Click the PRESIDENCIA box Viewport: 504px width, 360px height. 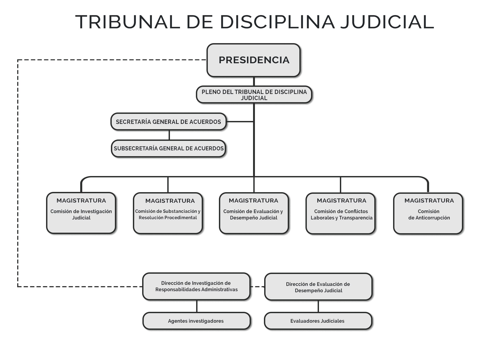[254, 60]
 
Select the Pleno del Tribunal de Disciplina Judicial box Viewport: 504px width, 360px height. [254, 95]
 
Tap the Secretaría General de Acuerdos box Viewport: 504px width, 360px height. [168, 122]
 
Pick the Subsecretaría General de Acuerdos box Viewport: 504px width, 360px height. [169, 148]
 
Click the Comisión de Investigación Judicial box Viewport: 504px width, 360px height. [81, 213]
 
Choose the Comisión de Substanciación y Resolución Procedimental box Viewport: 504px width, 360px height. [168, 213]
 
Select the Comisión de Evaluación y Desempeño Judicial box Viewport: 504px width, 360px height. [254, 213]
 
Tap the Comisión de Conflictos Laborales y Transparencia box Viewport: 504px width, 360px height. [341, 213]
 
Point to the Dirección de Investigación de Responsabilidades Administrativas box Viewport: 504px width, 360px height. [196, 286]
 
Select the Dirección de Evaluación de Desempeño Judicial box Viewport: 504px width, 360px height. [318, 287]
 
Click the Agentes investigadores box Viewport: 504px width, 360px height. [196, 321]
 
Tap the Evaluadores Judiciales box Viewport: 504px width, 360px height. [318, 321]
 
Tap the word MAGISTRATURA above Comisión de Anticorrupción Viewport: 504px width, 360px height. [429, 201]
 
